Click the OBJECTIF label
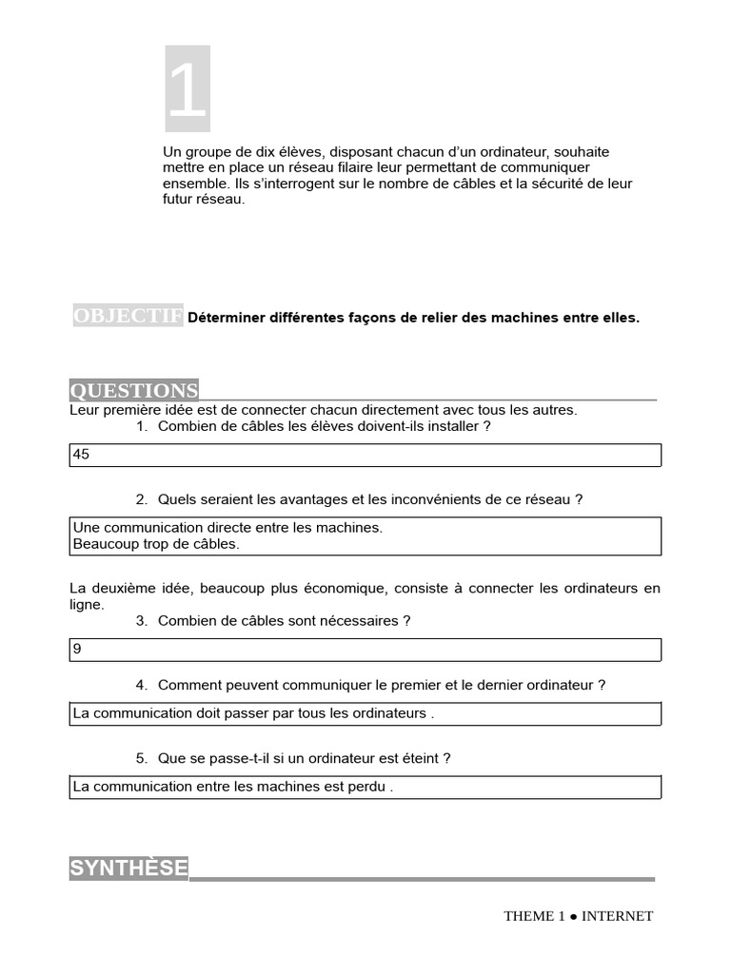point(128,317)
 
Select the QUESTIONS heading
point(134,391)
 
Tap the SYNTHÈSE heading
point(128,868)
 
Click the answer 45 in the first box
point(81,455)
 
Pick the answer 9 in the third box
point(77,649)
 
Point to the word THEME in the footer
point(529,916)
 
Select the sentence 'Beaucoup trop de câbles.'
point(156,544)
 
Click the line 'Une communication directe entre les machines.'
point(227,527)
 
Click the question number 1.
point(141,426)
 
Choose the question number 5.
point(141,758)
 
